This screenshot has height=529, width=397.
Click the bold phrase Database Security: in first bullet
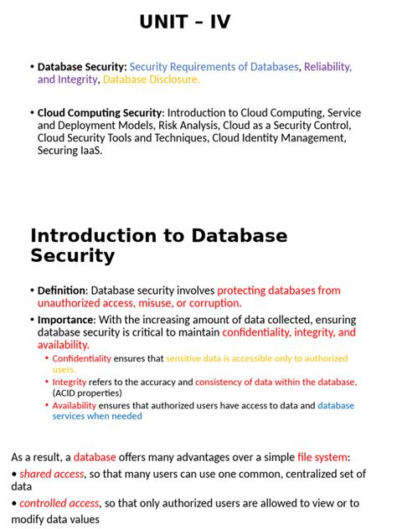[82, 67]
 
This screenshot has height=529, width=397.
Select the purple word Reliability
[327, 67]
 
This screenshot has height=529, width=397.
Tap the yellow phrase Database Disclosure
[152, 80]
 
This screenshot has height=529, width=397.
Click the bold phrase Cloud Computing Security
[101, 113]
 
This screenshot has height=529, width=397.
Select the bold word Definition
[62, 290]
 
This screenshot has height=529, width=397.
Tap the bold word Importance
[65, 320]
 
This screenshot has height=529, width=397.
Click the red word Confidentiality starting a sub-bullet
[81, 358]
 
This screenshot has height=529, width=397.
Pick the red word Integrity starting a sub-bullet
[70, 382]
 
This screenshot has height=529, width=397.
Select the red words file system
[322, 457]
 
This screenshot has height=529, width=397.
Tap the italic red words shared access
[52, 473]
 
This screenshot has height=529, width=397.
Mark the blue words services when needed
[97, 416]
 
